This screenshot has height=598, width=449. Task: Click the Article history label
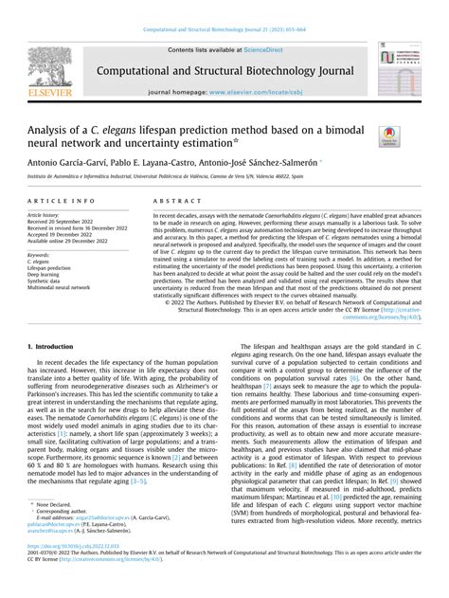51,216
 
